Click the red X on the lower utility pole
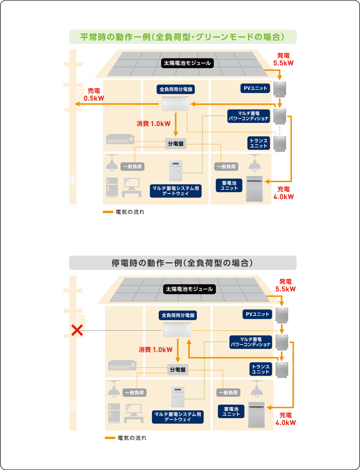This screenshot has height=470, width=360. (77, 330)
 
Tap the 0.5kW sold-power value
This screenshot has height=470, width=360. (94, 98)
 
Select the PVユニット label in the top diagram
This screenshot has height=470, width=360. (255, 88)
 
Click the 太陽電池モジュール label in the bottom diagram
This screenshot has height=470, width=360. (189, 289)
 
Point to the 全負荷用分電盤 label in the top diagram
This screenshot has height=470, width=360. (176, 89)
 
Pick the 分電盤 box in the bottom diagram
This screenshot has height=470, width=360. (178, 370)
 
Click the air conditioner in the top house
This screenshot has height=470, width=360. (120, 139)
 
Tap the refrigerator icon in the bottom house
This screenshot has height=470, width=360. (114, 413)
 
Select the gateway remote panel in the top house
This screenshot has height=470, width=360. (176, 171)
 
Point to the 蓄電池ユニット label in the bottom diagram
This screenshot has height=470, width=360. (231, 411)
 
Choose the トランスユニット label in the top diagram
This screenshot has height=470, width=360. (258, 143)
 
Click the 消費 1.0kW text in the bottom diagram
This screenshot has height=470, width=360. (156, 350)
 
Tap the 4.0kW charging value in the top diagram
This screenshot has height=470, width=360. (283, 197)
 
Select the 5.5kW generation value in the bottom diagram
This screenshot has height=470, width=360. (286, 289)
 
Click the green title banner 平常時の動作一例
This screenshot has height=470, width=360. (182, 37)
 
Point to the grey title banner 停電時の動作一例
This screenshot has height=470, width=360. (182, 263)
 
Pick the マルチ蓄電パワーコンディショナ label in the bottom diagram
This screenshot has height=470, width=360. (250, 342)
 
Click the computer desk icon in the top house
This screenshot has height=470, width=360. (131, 187)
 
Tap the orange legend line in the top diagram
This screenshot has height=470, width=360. (108, 212)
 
